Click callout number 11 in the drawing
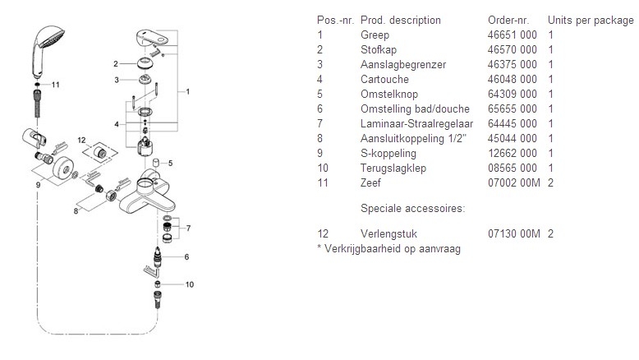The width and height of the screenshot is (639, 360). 56,85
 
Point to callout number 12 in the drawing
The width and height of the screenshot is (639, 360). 81,141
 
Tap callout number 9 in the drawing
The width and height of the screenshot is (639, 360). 38,186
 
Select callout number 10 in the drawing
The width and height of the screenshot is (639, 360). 191,284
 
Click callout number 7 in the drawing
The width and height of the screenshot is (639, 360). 188,227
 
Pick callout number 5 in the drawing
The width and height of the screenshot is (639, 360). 171,164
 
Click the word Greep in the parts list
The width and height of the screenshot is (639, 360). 375,35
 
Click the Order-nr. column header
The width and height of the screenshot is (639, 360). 505,20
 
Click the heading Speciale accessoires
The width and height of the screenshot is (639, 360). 412,209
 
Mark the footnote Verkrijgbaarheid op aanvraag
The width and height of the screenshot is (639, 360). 388,248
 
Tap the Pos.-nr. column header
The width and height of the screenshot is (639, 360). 334,20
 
